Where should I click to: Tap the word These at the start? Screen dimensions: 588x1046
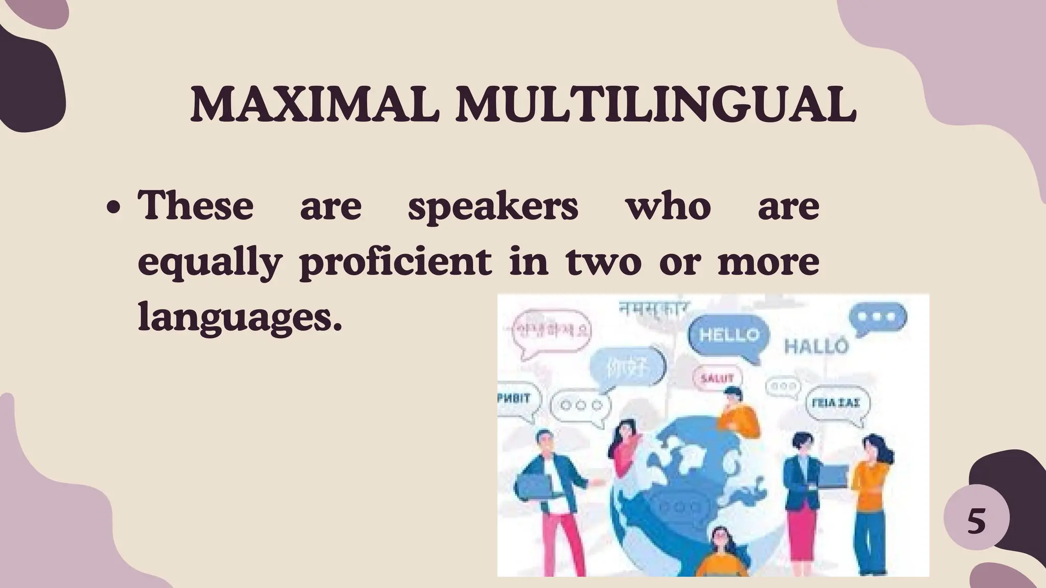click(196, 205)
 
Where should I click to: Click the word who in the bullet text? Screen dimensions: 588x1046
click(669, 205)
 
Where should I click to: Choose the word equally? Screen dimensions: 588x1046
click(210, 263)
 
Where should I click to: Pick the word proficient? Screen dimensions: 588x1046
click(396, 263)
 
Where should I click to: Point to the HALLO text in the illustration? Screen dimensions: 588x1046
click(816, 347)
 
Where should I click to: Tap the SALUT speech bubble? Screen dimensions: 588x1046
click(717, 378)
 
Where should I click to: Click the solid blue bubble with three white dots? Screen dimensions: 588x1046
click(877, 317)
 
